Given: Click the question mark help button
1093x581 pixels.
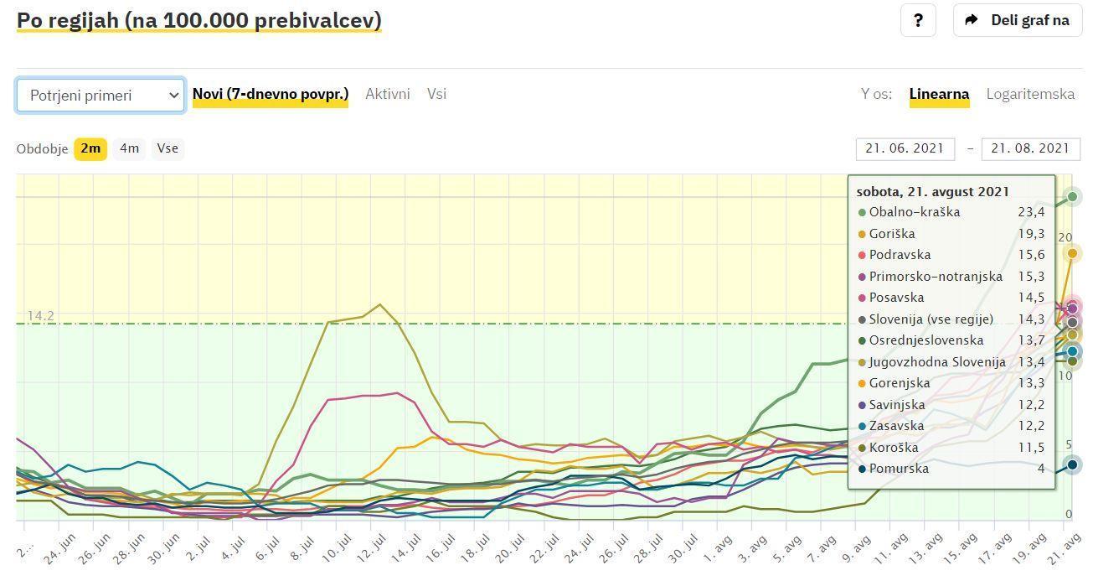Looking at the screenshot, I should click(918, 20).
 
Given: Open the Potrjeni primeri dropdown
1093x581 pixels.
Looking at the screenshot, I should click(101, 96).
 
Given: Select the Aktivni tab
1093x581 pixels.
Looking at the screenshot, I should click(387, 94).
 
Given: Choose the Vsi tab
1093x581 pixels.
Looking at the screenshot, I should click(436, 94).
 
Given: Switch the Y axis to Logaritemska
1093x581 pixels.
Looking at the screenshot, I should click(1030, 94).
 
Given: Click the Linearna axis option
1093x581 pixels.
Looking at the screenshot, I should click(939, 94).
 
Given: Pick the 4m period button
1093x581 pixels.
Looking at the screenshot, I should click(129, 148).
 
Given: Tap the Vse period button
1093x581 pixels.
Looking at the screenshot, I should click(168, 148).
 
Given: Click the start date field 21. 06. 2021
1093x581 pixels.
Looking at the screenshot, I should click(905, 148).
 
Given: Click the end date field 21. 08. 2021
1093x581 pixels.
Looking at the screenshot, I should click(1030, 148).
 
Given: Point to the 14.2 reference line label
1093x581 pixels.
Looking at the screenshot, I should click(40, 316).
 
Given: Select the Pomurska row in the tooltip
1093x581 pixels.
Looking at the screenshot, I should click(898, 469).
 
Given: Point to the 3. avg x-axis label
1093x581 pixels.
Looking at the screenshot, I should click(753, 549).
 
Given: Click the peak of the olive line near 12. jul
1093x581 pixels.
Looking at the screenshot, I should click(380, 304).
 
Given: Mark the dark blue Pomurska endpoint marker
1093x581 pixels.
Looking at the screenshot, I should click(1072, 464).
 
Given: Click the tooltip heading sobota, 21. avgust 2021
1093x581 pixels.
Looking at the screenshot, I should click(932, 192).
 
